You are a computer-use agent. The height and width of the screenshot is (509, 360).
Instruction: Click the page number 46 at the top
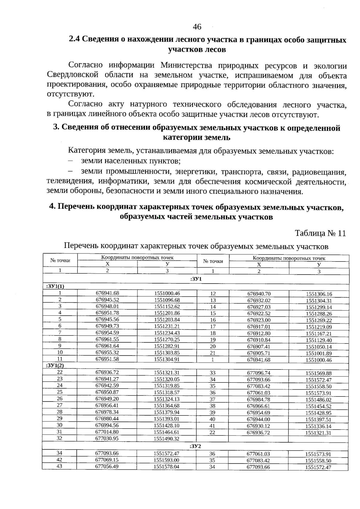point(197,27)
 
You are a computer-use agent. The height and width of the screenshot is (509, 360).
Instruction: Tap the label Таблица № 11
point(320,233)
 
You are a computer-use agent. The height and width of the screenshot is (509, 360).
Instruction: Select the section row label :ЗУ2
point(195,446)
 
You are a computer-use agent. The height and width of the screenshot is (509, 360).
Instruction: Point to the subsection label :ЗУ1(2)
point(55,366)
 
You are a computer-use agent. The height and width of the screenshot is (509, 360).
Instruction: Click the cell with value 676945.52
point(107,300)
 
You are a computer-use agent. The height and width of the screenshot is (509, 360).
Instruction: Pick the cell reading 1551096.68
point(167,300)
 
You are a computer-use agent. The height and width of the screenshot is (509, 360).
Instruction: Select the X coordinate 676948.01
point(107,306)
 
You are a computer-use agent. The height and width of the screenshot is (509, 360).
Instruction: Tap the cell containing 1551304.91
point(167,359)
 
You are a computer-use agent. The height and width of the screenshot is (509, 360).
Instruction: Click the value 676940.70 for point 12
point(259,294)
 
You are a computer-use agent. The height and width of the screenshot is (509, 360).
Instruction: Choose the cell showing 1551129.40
point(319,340)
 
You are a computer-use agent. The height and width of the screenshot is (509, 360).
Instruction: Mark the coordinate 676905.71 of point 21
point(259,353)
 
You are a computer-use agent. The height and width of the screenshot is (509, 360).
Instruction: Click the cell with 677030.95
point(107,438)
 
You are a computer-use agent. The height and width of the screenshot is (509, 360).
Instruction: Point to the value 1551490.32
point(167,439)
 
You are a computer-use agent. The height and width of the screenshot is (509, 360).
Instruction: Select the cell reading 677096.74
point(259,373)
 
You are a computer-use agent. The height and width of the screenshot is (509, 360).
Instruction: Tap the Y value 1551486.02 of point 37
point(319,400)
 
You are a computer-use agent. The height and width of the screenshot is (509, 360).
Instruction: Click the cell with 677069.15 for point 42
point(107,460)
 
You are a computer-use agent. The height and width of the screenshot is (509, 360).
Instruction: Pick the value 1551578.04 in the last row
point(166,466)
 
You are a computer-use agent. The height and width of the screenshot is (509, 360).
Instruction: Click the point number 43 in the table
point(59,466)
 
